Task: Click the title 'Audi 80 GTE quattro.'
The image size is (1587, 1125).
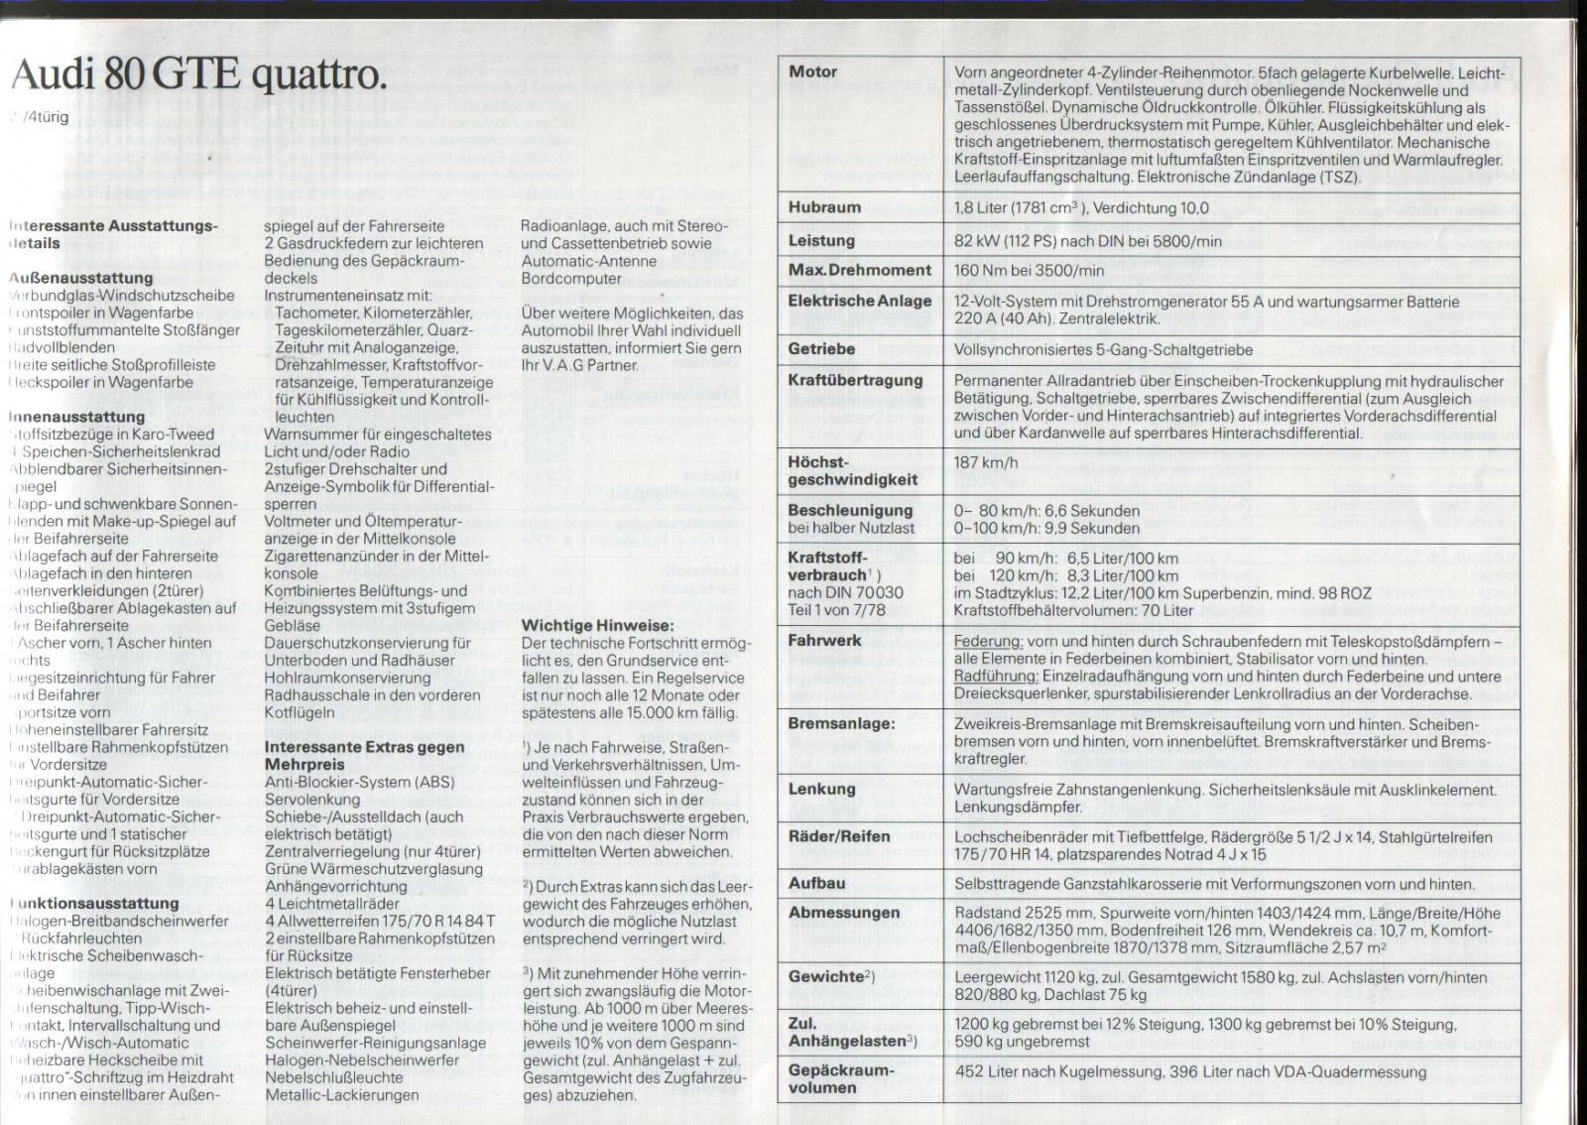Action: pos(196,75)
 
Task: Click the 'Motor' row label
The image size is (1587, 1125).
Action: pos(812,71)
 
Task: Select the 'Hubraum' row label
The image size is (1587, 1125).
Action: pos(824,207)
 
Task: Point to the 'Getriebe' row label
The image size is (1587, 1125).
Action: pos(821,349)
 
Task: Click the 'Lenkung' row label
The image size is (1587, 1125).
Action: pos(821,789)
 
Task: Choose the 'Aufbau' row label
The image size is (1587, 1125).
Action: pos(816,883)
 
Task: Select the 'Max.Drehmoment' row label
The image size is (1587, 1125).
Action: pos(859,270)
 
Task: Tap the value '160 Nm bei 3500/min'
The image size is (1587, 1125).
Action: pos(1029,270)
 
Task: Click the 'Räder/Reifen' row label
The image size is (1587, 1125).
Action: pos(838,836)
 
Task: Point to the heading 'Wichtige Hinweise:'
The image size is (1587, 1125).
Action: pos(597,625)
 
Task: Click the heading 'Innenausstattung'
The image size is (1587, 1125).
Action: pos(77,417)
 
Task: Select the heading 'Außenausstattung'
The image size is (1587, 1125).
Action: pos(81,278)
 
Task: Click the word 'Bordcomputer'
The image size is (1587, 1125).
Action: pos(571,279)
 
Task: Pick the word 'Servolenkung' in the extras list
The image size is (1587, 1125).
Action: pos(312,799)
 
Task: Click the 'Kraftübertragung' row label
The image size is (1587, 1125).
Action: pos(855,380)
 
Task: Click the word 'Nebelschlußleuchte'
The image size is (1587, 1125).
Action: pos(334,1077)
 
